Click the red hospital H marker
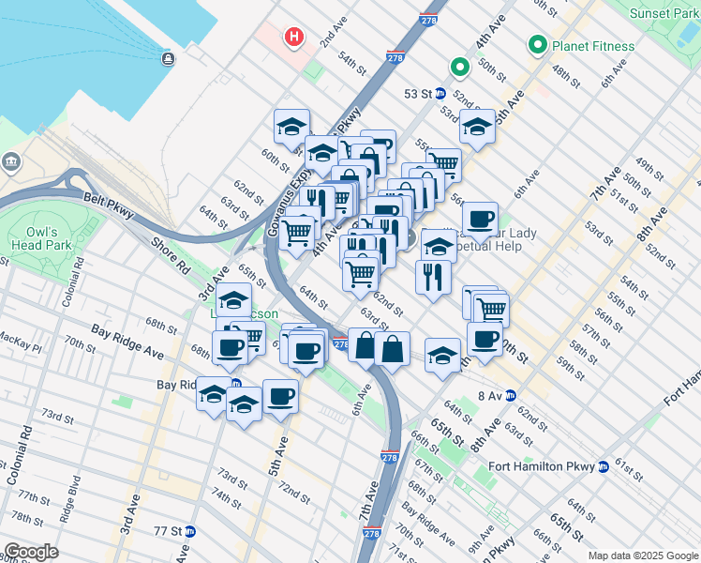[x=294, y=38]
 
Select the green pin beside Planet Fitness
[x=538, y=44]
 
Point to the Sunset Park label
[x=663, y=13]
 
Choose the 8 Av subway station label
[x=491, y=396]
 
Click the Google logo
[x=31, y=552]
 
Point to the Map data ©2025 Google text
[x=642, y=555]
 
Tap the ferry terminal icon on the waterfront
[x=168, y=60]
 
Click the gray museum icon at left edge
[x=10, y=161]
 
